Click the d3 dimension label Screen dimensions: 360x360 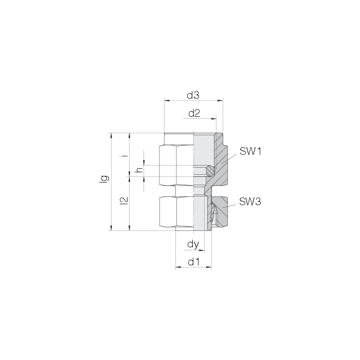pos(193,95)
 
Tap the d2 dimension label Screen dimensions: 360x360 pos(194,113)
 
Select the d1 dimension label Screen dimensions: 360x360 pos(194,262)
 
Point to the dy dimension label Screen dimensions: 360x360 pos(193,244)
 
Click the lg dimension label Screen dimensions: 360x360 pos(104,179)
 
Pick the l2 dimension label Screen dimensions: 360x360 pos(124,201)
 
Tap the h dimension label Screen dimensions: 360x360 pos(139,170)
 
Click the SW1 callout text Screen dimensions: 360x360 pos(250,151)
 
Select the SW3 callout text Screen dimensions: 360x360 pos(250,202)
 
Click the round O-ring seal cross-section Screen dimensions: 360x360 pos(210,171)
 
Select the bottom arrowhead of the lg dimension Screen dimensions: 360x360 pos(112,228)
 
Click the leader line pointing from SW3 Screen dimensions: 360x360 pos(229,206)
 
